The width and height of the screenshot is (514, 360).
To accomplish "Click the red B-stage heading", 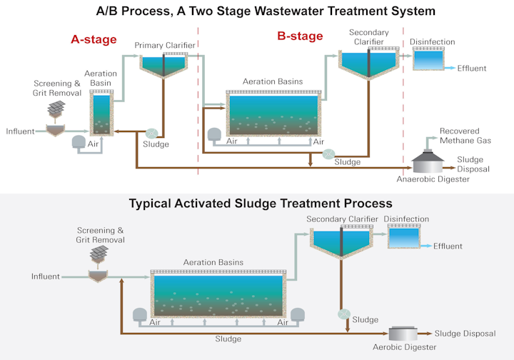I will point(299,36).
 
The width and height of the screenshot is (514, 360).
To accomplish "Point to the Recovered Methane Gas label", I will point(465,136).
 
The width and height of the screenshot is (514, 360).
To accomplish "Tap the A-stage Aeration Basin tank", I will point(101,113).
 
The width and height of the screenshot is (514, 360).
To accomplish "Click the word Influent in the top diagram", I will point(20,131).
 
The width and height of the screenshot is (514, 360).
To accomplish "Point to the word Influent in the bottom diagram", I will point(45,276).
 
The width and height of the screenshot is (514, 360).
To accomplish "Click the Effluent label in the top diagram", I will point(472,69).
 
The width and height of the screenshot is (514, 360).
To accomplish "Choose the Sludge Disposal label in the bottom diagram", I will point(465,334).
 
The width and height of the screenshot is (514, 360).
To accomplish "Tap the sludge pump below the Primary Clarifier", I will point(151,133).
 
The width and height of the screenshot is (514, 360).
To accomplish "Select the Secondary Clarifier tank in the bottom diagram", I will point(341,239).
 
